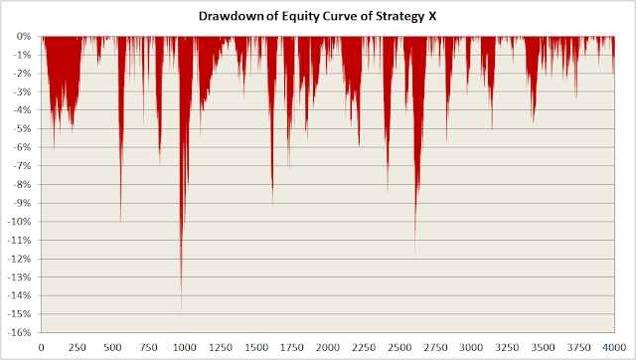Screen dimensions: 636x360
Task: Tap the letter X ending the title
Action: [x=433, y=16]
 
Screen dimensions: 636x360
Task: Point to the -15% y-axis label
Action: [x=20, y=313]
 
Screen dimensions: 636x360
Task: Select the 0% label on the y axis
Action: [x=24, y=37]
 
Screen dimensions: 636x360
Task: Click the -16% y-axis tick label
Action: [x=20, y=332]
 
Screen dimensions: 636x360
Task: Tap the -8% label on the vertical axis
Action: [x=22, y=184]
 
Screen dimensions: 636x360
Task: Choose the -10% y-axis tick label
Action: [x=20, y=222]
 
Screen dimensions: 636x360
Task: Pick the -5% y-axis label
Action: [x=22, y=129]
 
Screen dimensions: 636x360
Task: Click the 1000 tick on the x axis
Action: [x=185, y=348]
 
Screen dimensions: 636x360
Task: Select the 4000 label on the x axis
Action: [x=614, y=348]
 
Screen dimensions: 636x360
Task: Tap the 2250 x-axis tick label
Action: [x=364, y=348]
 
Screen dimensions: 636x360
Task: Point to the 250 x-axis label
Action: [x=78, y=348]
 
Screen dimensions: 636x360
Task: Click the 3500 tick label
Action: [x=543, y=348]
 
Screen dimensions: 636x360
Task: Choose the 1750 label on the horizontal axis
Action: [x=292, y=348]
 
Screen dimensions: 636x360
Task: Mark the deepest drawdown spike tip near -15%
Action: [x=181, y=311]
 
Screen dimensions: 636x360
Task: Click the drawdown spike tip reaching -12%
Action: [x=415, y=259]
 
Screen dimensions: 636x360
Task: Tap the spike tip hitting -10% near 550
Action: [x=120, y=222]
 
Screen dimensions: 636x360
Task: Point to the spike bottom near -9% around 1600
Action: [x=272, y=206]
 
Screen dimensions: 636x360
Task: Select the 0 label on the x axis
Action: [x=42, y=348]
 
